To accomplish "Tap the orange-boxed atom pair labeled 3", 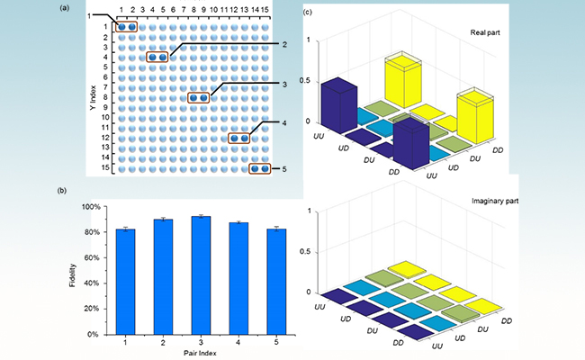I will pyautogui.click(x=198, y=97).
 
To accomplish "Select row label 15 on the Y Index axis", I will pyautogui.click(x=104, y=167).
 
